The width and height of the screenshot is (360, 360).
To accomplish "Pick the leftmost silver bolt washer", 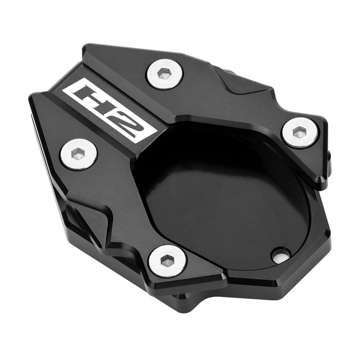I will pyautogui.click(x=78, y=154).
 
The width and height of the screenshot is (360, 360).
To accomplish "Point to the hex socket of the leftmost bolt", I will pyautogui.click(x=78, y=154).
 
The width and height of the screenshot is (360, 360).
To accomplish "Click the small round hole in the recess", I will pyautogui.click(x=280, y=256).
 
